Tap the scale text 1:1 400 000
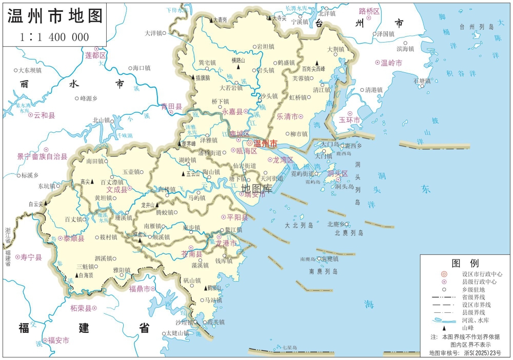[54, 37]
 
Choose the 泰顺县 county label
[74, 238]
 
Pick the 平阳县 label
[237, 217]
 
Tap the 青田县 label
[171, 107]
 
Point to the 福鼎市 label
[139, 289]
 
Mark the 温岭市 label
[391, 63]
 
